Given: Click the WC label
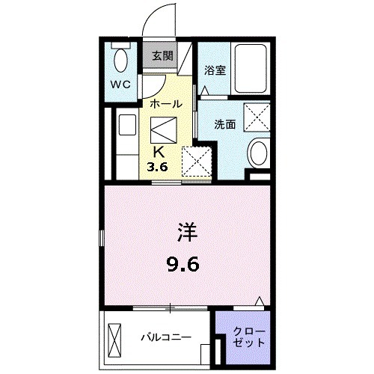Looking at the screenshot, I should [120, 85].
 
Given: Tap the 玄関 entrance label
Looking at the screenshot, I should [162, 56].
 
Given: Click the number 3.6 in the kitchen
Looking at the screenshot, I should [157, 166].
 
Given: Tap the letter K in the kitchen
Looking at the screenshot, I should [159, 151].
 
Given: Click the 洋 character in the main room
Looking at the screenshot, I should [187, 233].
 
